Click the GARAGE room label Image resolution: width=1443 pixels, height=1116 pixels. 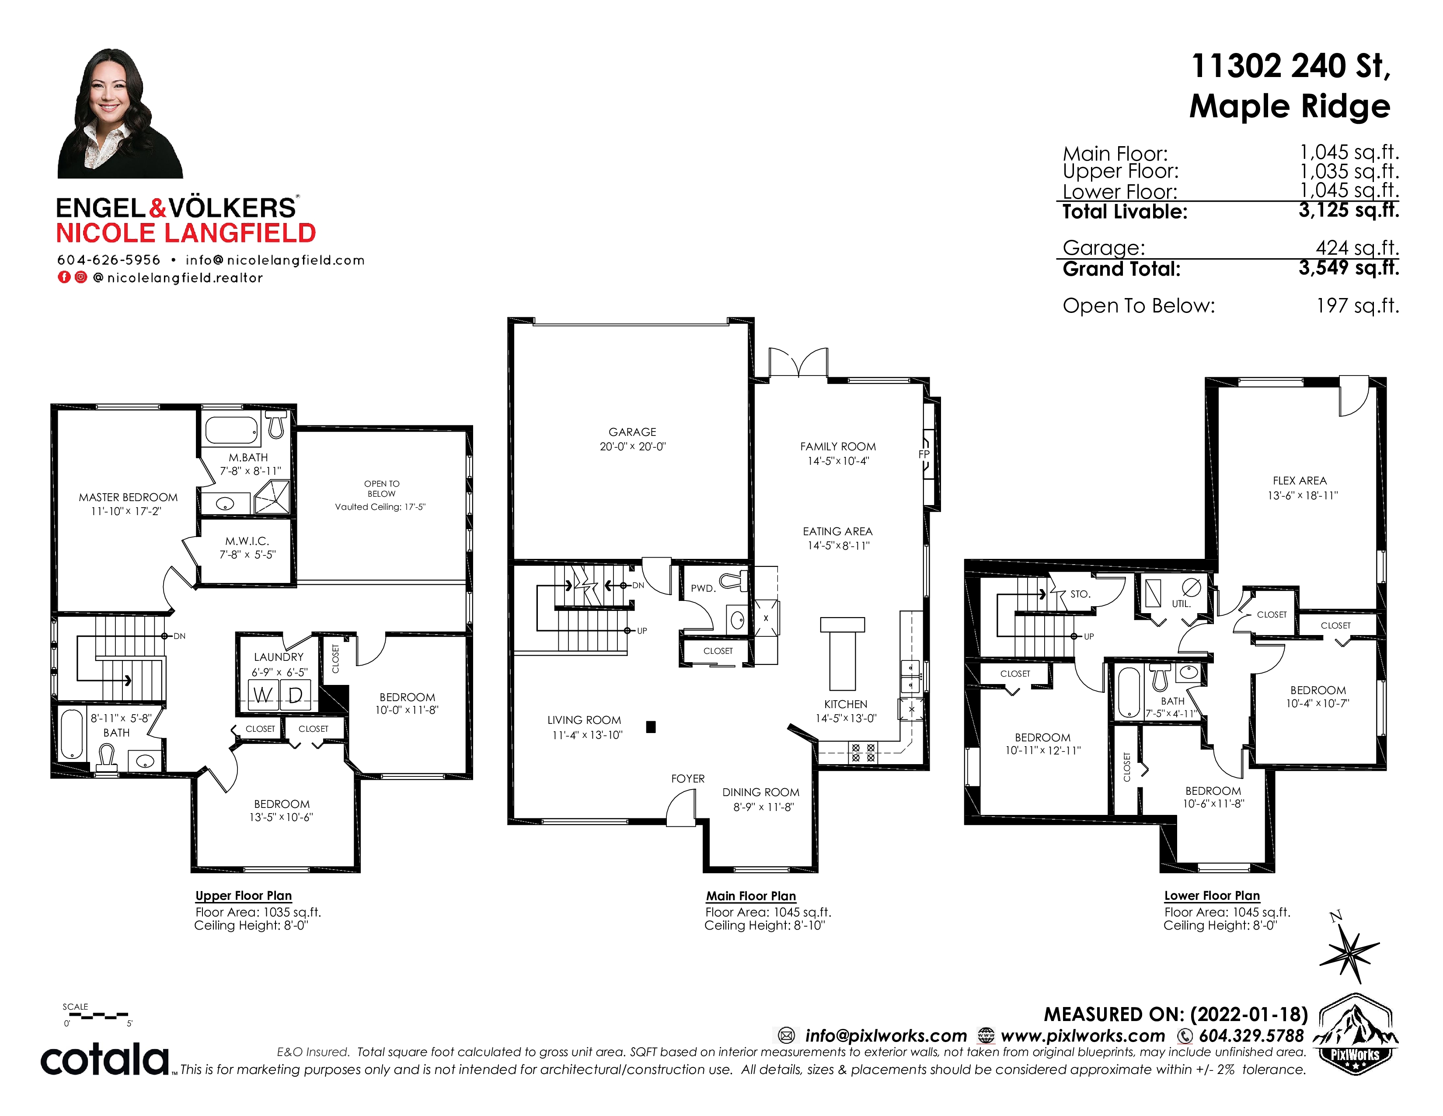632,432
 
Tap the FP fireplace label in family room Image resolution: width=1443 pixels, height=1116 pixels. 924,454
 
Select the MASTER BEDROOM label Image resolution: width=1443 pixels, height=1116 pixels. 128,497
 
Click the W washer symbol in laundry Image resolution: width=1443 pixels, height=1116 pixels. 263,695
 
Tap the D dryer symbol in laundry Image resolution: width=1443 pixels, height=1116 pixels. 295,695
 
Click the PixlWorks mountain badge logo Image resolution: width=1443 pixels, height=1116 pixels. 1355,1034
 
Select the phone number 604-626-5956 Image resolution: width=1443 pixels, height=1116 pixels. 108,260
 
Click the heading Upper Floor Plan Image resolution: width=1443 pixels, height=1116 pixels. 243,896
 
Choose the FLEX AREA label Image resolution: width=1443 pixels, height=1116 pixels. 1300,481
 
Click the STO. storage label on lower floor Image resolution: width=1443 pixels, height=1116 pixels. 1080,594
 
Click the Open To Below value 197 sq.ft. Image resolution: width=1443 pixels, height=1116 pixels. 1358,305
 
